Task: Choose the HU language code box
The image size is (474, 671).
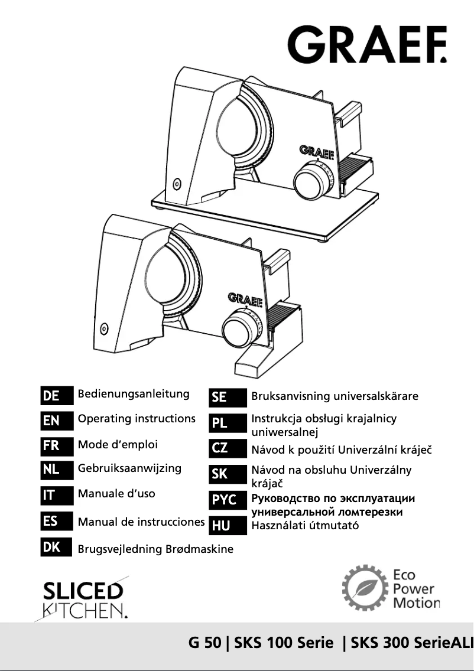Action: coord(228,526)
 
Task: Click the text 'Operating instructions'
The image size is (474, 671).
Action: coord(137,419)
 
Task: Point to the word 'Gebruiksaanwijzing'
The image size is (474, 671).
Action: coord(129,468)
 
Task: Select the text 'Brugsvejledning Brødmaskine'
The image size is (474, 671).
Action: coord(155,549)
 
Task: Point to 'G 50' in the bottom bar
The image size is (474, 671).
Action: coord(204,643)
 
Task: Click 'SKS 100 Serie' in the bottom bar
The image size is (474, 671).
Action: coord(284,643)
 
